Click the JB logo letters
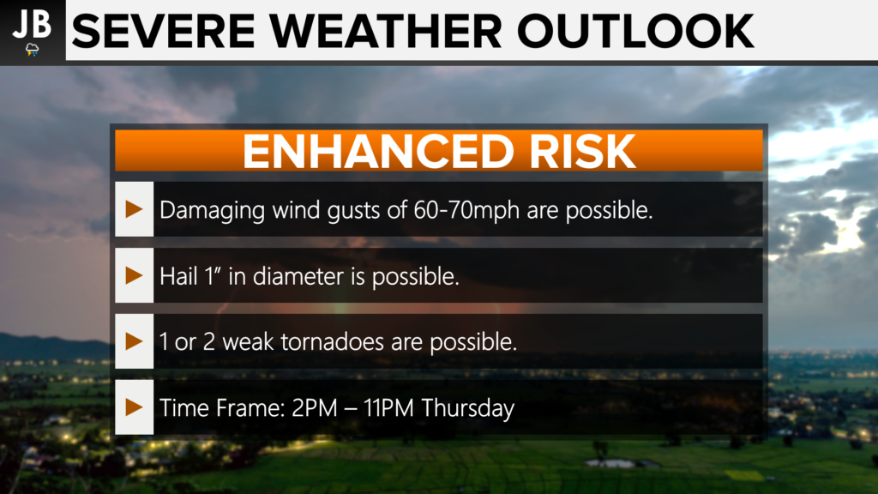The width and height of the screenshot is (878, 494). tap(32, 24)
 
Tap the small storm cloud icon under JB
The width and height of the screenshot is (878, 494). tap(33, 50)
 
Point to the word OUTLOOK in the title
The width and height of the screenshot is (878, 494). tap(635, 32)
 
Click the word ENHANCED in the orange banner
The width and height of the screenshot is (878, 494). tap(378, 151)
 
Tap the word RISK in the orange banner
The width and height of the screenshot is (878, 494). tap(582, 151)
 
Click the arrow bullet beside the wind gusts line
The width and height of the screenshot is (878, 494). tap(134, 209)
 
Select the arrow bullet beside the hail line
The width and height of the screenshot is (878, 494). tap(134, 275)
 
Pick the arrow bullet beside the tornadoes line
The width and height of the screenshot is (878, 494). tap(134, 341)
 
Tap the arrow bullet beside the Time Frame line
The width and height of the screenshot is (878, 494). tap(134, 407)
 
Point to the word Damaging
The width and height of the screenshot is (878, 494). tap(213, 211)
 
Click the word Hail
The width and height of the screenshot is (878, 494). tap(178, 275)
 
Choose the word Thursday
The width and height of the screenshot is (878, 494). tap(467, 408)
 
